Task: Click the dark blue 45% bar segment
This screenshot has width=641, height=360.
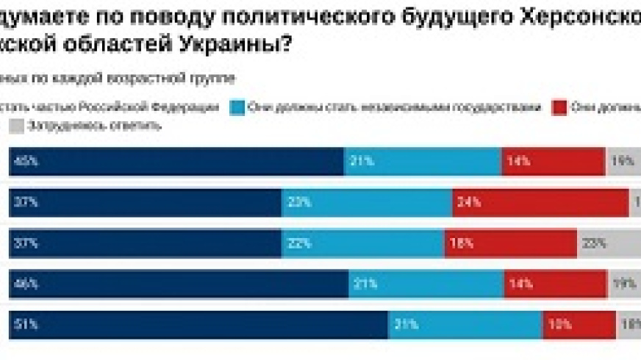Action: point(176,162)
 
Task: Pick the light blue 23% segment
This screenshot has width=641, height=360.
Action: point(366,203)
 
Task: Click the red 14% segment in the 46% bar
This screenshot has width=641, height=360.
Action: point(556,284)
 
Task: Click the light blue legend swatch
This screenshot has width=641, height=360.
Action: point(237,107)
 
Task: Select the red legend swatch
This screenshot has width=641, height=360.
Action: point(559,107)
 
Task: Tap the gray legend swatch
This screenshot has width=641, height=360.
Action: point(16,126)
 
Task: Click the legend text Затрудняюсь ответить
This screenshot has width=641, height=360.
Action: point(93,126)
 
